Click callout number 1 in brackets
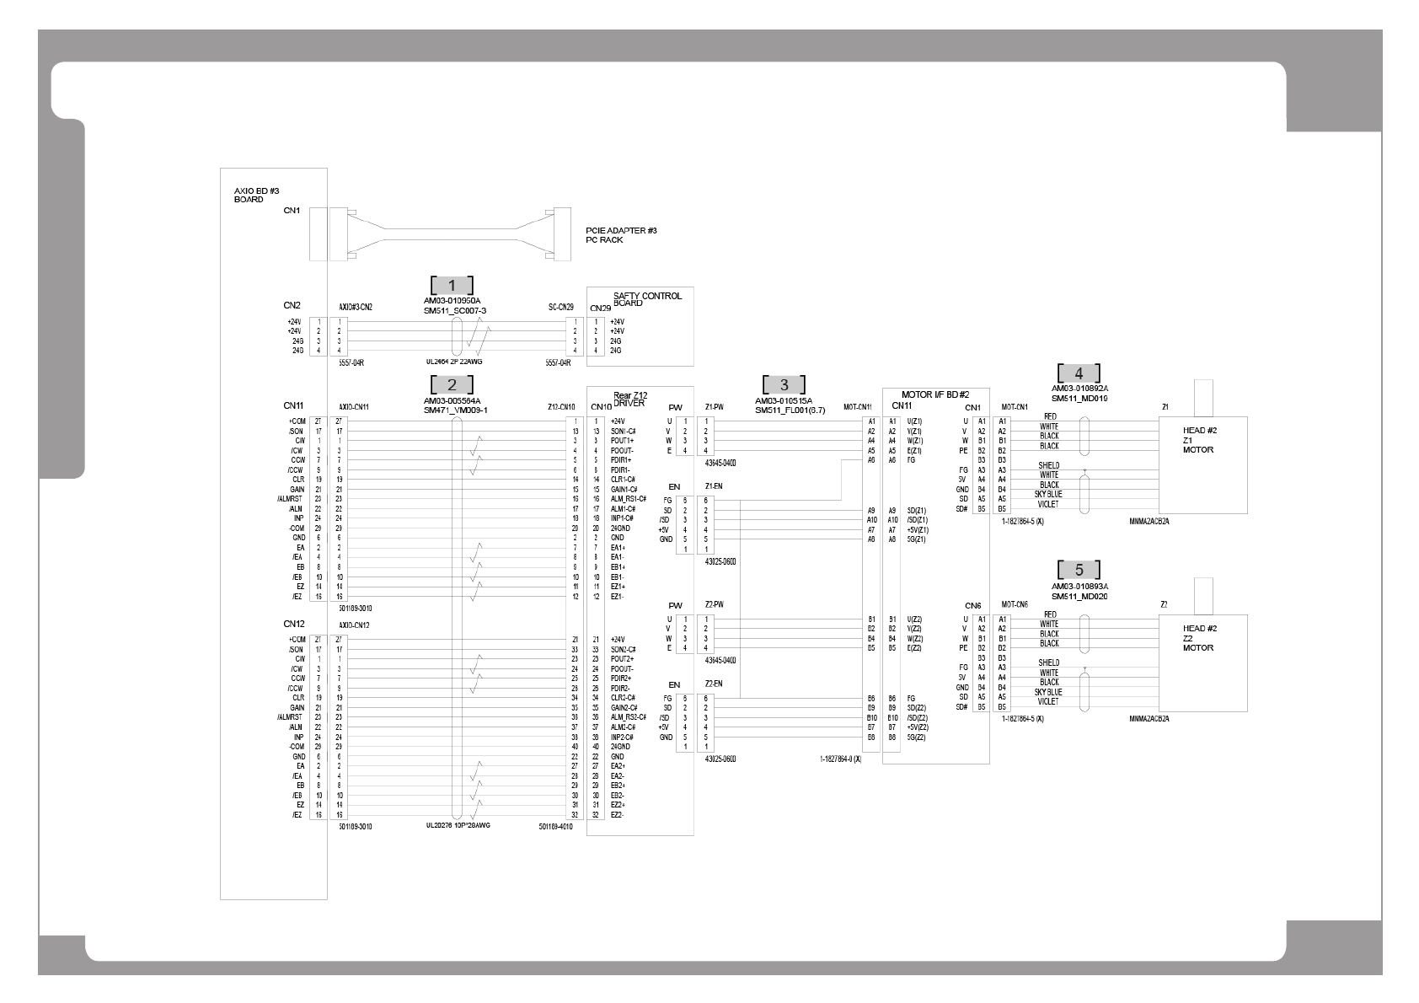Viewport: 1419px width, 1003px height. [x=452, y=286]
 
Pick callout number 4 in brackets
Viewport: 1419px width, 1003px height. [x=1079, y=373]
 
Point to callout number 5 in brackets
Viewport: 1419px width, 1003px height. [x=1079, y=571]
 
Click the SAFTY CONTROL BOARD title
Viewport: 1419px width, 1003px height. [x=647, y=299]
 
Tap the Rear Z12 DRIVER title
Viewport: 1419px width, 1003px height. [x=630, y=399]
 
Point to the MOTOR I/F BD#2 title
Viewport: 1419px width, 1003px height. [x=935, y=394]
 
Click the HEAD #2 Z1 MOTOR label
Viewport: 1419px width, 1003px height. [x=1199, y=440]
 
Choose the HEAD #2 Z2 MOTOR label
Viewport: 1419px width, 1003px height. [x=1199, y=638]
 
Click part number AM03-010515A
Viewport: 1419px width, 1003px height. [x=784, y=401]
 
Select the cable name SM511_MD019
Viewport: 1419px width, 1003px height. [x=1079, y=398]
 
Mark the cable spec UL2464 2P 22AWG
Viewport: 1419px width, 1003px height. [x=455, y=362]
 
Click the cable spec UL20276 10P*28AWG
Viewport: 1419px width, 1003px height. [x=458, y=825]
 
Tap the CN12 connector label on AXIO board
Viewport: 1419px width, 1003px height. [x=293, y=624]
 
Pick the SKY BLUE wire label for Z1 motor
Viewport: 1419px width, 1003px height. [x=1048, y=495]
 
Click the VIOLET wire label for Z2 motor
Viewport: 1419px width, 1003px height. [x=1048, y=701]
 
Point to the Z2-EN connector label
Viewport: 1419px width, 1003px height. [x=714, y=684]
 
